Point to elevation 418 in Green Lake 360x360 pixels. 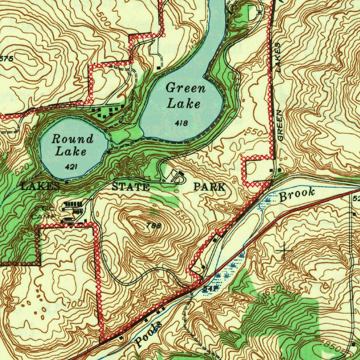[x=181, y=123]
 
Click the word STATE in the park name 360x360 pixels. [x=130, y=187]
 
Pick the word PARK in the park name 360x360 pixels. [x=209, y=187]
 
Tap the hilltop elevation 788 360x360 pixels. [x=154, y=226]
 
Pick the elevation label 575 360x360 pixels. [x=7, y=59]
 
